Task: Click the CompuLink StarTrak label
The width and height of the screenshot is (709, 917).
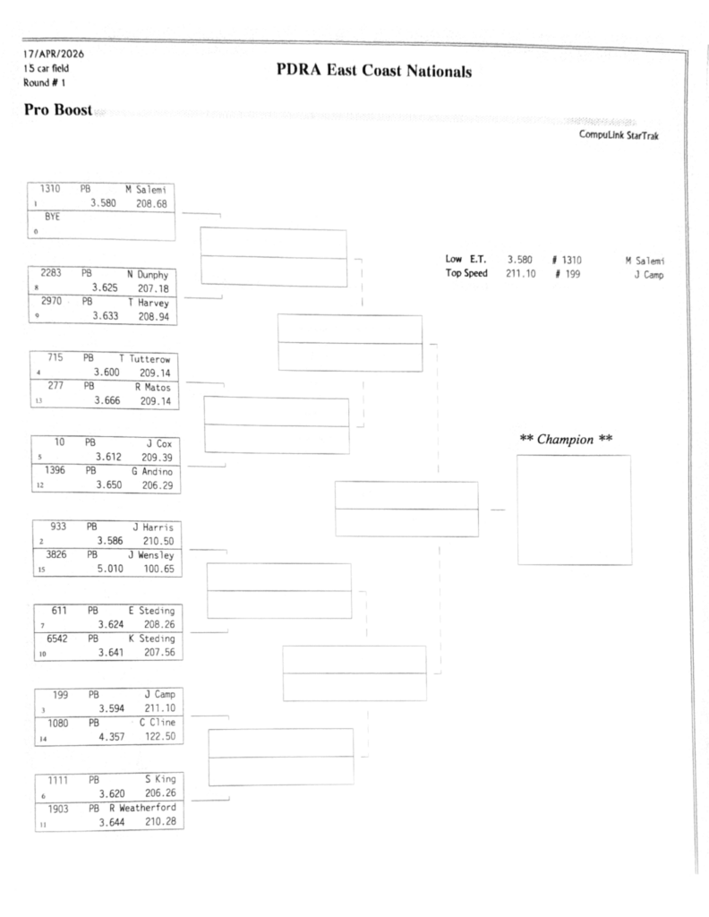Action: pyautogui.click(x=619, y=137)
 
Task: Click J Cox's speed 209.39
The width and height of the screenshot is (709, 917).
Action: pyautogui.click(x=158, y=456)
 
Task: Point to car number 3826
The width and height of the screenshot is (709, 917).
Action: pyautogui.click(x=52, y=555)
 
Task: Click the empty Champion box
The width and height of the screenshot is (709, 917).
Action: pyautogui.click(x=573, y=510)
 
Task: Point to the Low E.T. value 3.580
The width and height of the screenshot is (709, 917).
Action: pyautogui.click(x=521, y=260)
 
